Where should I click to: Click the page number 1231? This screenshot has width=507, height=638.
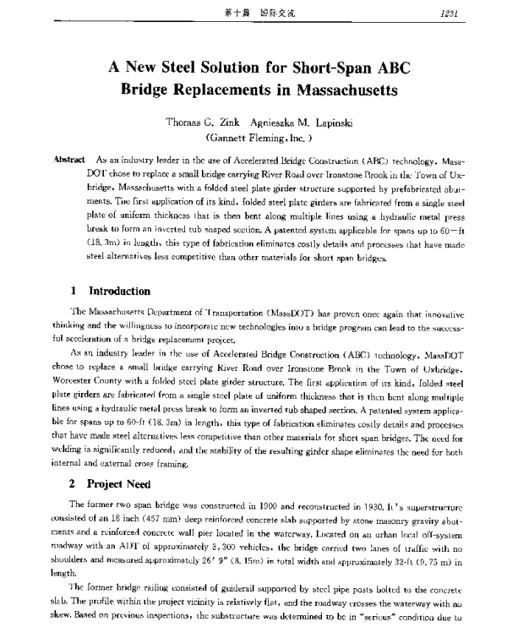471,13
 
